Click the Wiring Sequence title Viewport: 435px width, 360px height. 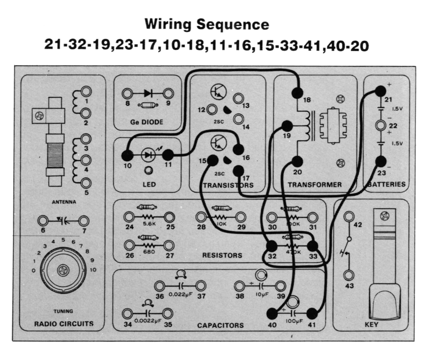[x=207, y=24]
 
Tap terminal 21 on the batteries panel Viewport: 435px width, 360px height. [x=379, y=93]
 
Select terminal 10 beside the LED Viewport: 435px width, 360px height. [x=126, y=155]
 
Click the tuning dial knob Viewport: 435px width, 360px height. [x=63, y=271]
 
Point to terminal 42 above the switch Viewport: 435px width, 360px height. [x=349, y=217]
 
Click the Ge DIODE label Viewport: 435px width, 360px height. [x=147, y=122]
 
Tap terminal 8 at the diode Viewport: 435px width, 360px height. [x=127, y=92]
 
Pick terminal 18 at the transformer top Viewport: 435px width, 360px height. [x=297, y=93]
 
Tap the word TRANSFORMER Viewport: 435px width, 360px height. [x=314, y=185]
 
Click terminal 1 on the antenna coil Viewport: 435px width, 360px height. [x=86, y=92]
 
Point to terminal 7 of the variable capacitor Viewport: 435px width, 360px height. [x=84, y=220]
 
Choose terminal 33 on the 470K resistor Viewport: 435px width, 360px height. [x=312, y=246]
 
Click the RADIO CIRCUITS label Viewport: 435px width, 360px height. [x=63, y=323]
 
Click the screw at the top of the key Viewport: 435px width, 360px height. [x=385, y=217]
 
